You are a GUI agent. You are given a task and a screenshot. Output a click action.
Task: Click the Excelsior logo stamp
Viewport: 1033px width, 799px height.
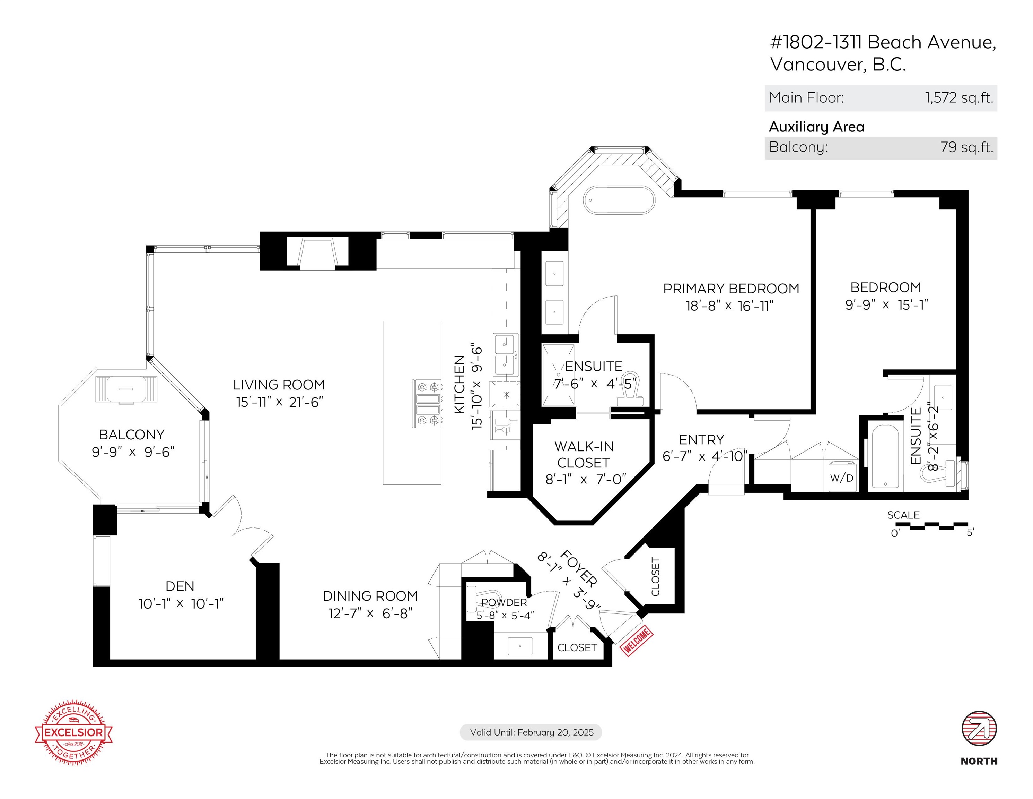pos(74,733)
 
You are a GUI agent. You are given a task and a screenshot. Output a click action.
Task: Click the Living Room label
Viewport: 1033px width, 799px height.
pos(279,385)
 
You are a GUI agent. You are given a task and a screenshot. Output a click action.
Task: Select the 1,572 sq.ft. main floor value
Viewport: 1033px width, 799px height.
pos(959,98)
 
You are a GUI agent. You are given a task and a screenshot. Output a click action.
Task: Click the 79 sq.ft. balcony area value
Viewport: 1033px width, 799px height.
pos(966,147)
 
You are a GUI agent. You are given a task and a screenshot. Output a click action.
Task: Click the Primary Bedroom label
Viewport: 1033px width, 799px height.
pos(731,289)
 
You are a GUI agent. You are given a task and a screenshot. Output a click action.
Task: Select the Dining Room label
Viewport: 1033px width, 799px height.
pos(370,596)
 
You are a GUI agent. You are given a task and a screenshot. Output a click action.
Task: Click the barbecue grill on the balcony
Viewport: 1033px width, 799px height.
pos(126,389)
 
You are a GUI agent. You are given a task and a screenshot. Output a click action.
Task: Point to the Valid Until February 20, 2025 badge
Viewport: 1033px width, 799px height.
pos(531,732)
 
